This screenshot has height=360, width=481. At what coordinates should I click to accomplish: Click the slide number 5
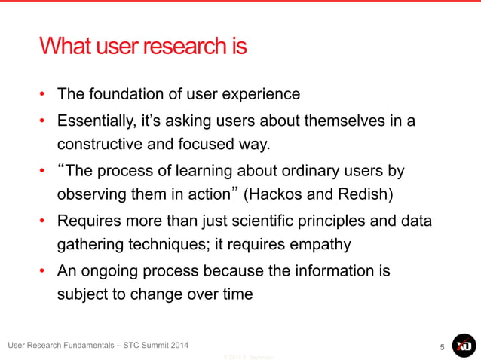coord(442,346)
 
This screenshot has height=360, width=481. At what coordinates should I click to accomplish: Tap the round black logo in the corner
coord(464,346)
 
